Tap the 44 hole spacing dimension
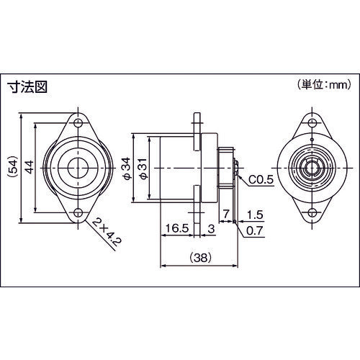click(30, 167)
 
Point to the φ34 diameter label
click(127, 168)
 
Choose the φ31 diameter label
click(143, 168)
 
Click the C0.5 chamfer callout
click(261, 180)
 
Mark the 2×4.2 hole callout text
click(105, 234)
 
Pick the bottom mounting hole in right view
click(312, 212)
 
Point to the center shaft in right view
click(312, 167)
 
